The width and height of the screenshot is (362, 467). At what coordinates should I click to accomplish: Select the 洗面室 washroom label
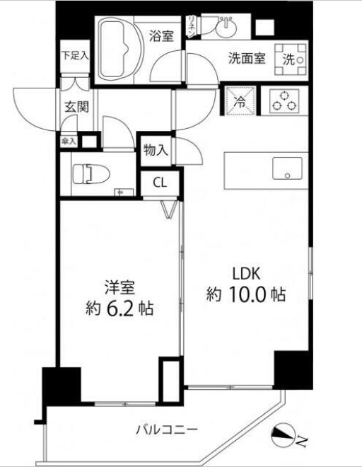pyautogui.click(x=247, y=59)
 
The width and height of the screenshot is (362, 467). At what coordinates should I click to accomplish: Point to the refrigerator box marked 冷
pyautogui.click(x=240, y=100)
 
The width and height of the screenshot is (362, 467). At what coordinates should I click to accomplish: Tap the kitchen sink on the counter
pyautogui.click(x=286, y=168)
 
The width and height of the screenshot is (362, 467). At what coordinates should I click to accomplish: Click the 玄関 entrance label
pyautogui.click(x=76, y=108)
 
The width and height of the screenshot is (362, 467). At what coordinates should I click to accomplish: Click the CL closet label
pyautogui.click(x=160, y=182)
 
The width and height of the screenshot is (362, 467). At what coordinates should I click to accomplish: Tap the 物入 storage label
pyautogui.click(x=155, y=150)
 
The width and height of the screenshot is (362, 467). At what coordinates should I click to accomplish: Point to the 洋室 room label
pyautogui.click(x=119, y=287)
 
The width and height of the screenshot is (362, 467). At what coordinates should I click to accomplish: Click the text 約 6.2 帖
pyautogui.click(x=119, y=309)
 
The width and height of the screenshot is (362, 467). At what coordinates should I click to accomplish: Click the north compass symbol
pyautogui.click(x=287, y=437)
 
